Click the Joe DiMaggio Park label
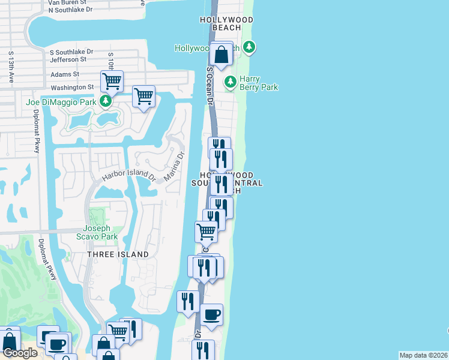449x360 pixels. click(61, 102)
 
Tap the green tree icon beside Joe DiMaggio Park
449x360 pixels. click(106, 101)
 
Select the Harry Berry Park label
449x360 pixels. click(259, 83)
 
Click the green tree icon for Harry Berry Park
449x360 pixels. click(229, 82)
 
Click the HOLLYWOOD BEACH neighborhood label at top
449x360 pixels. click(226, 24)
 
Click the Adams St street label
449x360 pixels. click(65, 74)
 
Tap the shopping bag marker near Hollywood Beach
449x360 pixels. click(221, 55)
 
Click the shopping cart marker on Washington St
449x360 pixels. click(112, 80)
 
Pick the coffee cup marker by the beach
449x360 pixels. click(211, 315)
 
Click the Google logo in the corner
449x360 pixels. click(20, 353)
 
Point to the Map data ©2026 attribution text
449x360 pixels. click(423, 355)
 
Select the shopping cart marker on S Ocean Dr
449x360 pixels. click(206, 231)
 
